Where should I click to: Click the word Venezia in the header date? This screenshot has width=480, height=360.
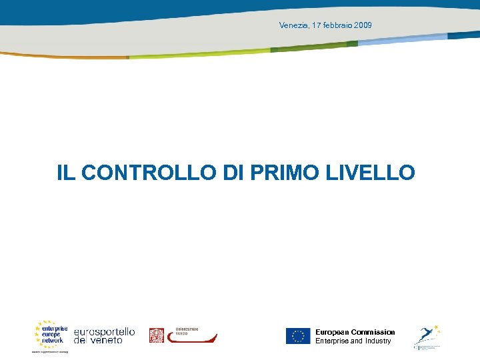pos(293,25)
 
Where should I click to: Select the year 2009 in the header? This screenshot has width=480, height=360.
pos(363,25)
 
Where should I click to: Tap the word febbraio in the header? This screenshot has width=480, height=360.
pos(339,25)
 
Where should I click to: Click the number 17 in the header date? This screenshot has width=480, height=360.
pos(316,25)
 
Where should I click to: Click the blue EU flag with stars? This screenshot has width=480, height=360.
pos(298,336)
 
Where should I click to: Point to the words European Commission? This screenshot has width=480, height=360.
pos(355,332)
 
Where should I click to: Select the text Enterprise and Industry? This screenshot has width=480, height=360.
pos(353,341)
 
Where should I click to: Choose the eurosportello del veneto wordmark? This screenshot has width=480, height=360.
pos(104,335)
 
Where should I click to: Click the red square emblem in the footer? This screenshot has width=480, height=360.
pos(156,335)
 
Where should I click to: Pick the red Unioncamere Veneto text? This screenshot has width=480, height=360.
pos(187,331)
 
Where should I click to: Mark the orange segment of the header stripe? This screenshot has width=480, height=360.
pos(73,57)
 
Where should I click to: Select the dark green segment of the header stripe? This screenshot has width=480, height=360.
pos(313,47)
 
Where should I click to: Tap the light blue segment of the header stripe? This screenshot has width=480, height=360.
pos(400,39)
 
